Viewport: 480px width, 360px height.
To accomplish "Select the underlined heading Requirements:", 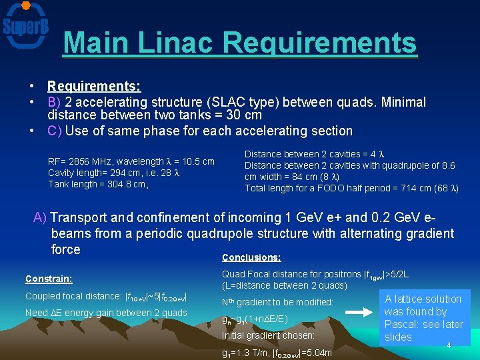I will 94,86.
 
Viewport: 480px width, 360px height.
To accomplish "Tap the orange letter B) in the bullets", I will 55,102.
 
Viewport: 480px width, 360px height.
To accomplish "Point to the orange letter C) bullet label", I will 55,131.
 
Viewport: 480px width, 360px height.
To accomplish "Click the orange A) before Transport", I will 40,217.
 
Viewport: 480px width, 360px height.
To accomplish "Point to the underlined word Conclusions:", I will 251,257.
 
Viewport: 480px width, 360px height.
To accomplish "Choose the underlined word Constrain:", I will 49,279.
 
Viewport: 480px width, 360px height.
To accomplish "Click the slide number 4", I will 449,345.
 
